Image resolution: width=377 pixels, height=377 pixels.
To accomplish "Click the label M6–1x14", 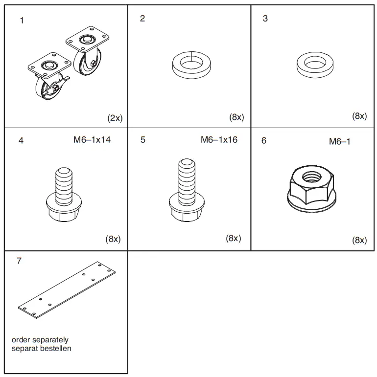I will pyautogui.click(x=92, y=140).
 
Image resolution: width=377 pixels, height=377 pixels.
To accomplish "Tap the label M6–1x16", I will pyautogui.click(x=219, y=140).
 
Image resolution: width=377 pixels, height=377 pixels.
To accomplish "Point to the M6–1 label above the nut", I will pyautogui.click(x=339, y=142).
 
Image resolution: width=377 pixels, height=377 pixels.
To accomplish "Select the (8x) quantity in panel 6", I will pyautogui.click(x=359, y=240).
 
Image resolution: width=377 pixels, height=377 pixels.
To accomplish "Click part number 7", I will pyautogui.click(x=19, y=261).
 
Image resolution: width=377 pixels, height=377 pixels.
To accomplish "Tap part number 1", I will pyautogui.click(x=22, y=21).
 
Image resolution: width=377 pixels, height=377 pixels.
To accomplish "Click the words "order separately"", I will pyautogui.click(x=40, y=339).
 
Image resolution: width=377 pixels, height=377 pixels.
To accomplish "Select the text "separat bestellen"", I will pyautogui.click(x=42, y=348).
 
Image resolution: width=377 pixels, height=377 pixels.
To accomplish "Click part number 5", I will pyautogui.click(x=142, y=140).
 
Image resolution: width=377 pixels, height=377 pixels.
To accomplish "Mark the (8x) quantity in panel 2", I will pyautogui.click(x=236, y=117).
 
